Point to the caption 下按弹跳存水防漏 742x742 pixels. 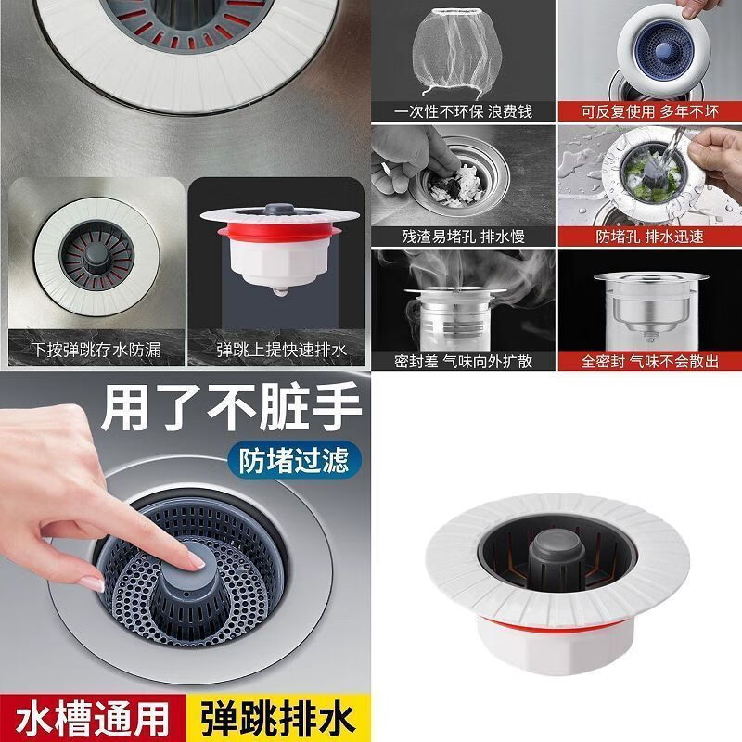96,351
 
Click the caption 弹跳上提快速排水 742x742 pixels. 281,351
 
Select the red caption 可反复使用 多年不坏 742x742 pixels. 649,110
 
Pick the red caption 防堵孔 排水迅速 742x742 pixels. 649,236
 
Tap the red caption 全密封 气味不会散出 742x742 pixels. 649,361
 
